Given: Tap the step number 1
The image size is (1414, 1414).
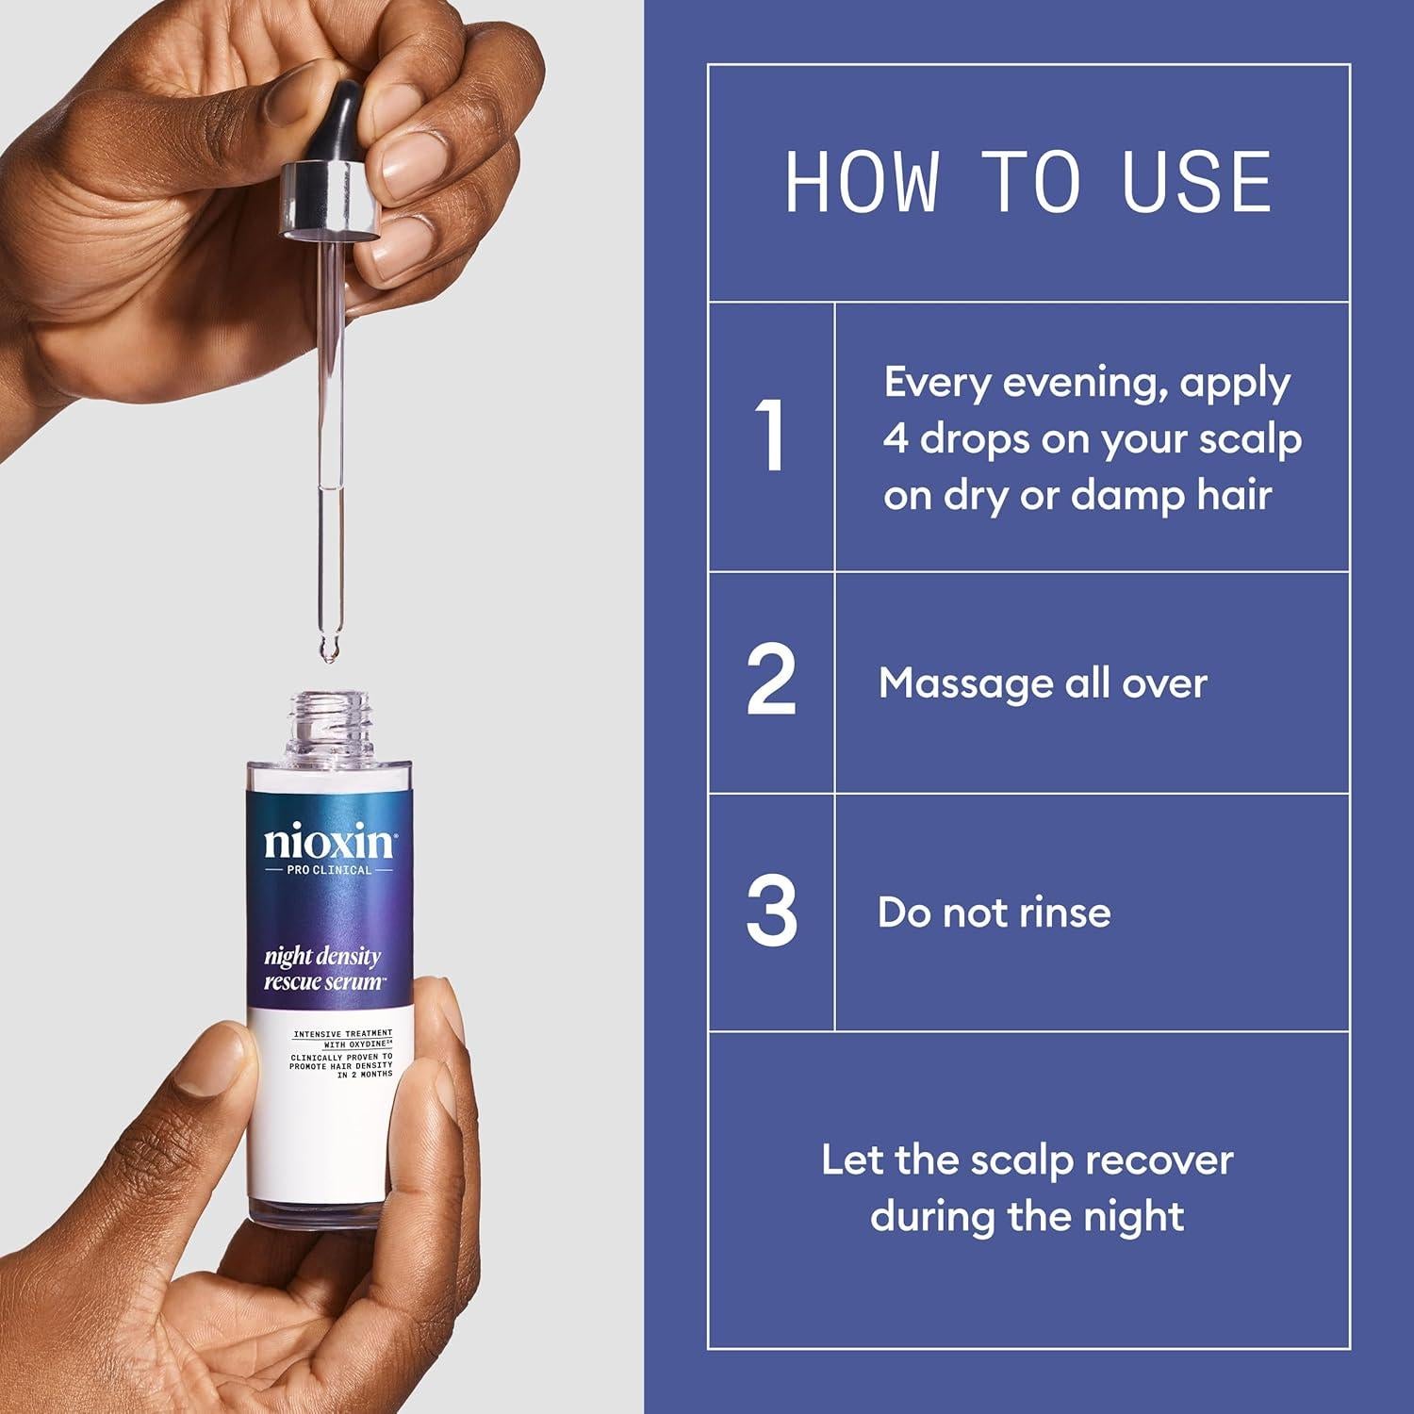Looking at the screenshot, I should click(x=772, y=436).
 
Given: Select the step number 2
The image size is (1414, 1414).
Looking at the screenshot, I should click(x=771, y=681).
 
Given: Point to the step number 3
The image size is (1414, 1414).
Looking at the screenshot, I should click(x=771, y=912).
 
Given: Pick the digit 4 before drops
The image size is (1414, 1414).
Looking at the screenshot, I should click(x=896, y=440).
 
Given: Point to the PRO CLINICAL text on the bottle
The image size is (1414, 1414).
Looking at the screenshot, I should click(x=329, y=869).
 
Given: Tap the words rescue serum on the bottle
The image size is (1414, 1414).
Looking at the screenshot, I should click(x=321, y=980).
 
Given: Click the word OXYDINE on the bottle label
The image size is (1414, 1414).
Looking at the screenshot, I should click(x=358, y=1045).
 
